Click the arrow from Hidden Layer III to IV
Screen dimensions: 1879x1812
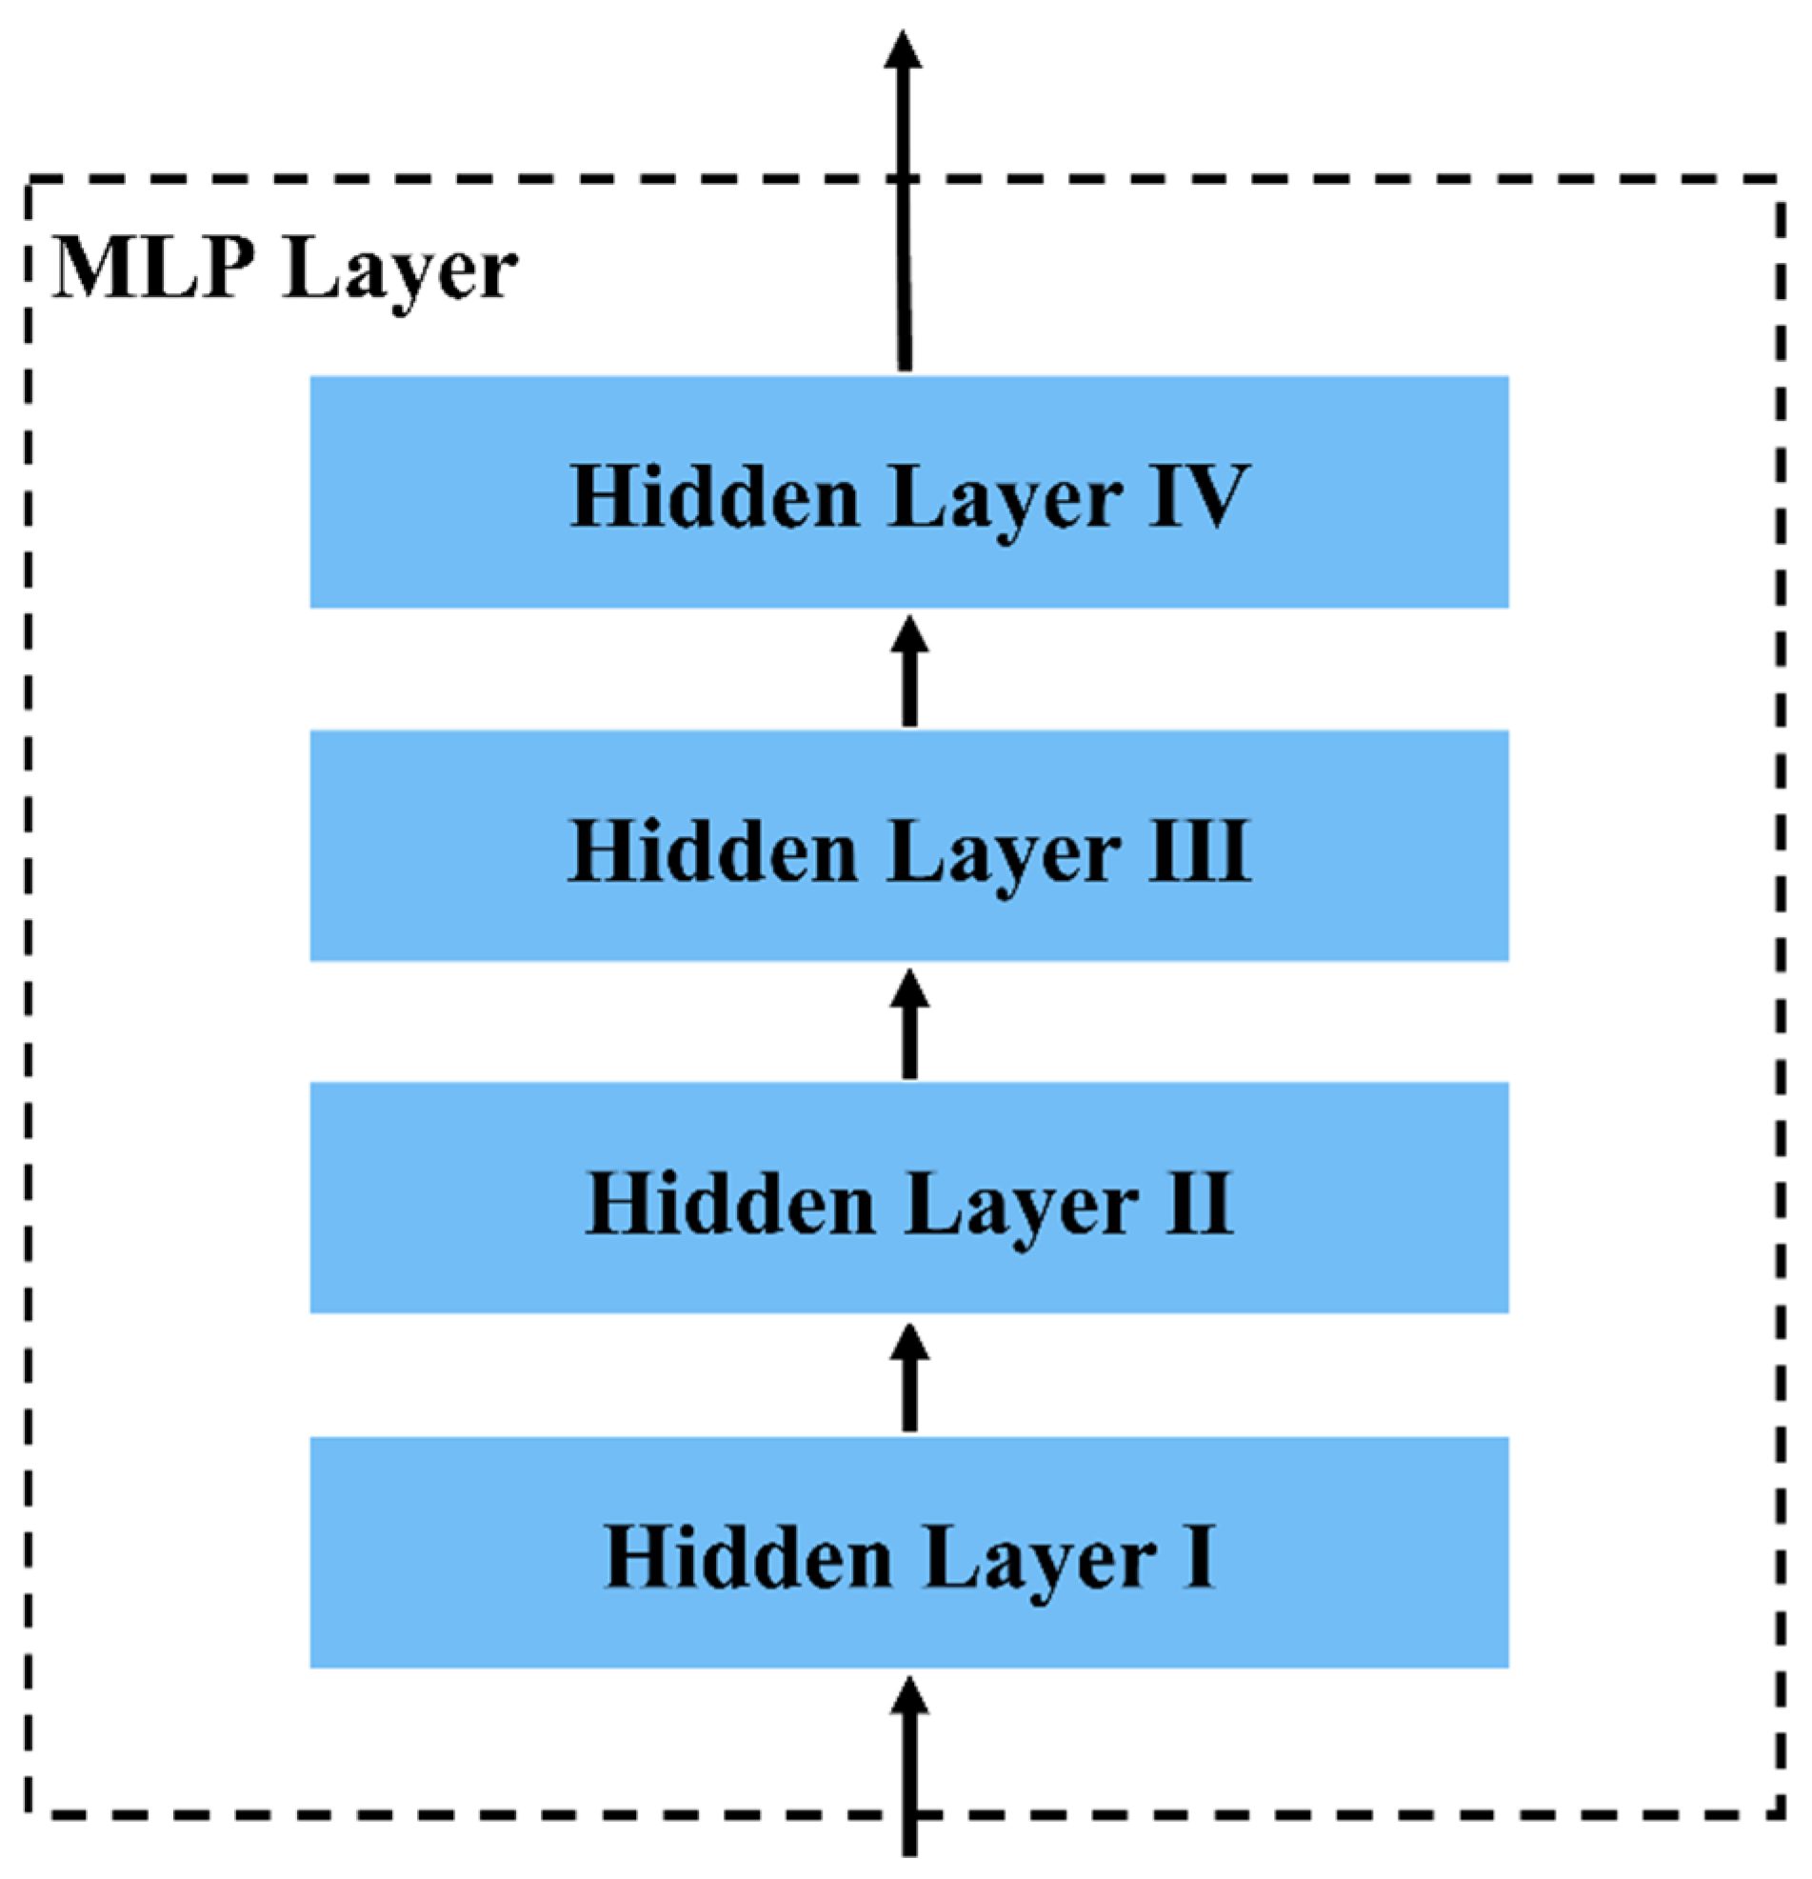(909, 671)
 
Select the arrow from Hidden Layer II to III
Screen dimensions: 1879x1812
(909, 1023)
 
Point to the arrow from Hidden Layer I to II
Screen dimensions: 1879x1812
(909, 1378)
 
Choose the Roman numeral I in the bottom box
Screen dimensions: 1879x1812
(1200, 1557)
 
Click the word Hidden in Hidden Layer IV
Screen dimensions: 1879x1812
(715, 495)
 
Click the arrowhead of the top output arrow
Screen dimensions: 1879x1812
(902, 50)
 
